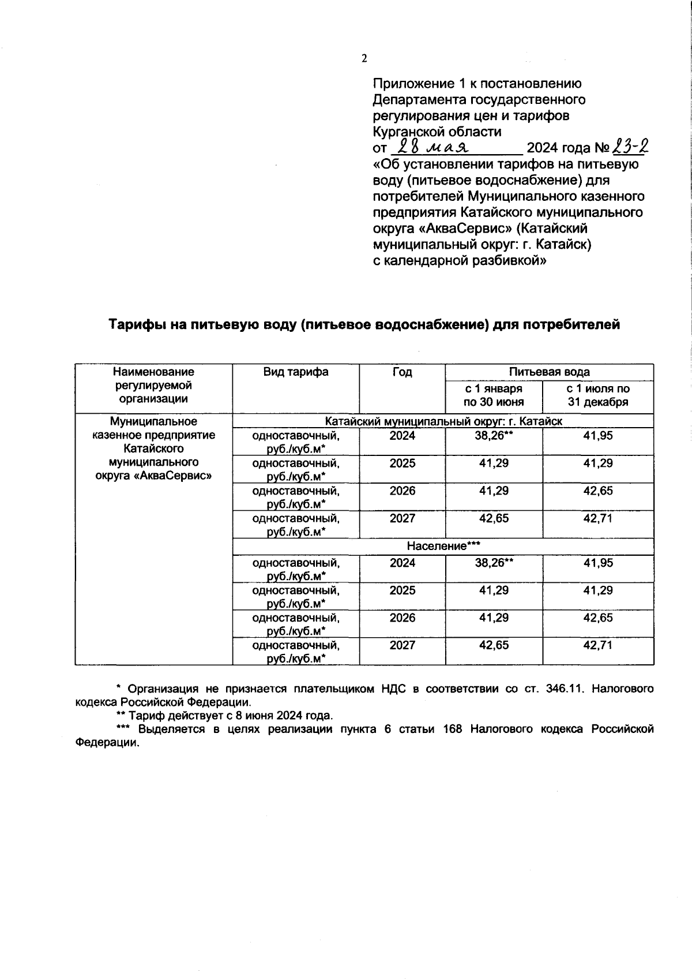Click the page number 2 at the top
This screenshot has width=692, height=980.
363,59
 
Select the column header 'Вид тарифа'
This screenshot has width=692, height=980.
296,372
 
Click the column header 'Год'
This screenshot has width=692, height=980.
402,372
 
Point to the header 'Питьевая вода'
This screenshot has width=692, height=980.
549,372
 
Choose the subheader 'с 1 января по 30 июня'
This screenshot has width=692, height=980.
494,395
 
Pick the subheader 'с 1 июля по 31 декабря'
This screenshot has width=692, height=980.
597,395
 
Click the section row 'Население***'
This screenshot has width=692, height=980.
443,546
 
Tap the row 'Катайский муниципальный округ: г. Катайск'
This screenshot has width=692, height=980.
443,421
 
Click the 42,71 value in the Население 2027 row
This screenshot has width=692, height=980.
597,645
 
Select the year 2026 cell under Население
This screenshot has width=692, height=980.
402,618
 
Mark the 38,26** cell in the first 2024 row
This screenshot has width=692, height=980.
494,436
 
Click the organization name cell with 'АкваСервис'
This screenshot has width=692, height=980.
153,448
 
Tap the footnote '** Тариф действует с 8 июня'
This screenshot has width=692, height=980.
225,716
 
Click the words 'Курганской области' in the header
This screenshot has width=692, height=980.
437,132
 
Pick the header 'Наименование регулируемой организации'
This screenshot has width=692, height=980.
153,385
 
